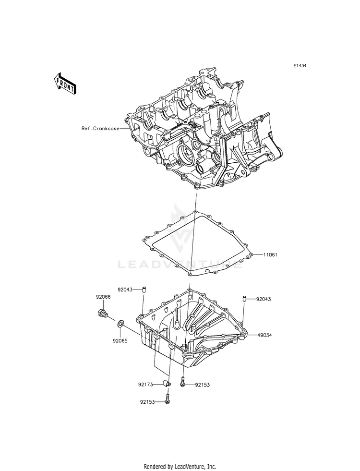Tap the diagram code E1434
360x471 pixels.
point(300,66)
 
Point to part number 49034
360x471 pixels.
point(264,335)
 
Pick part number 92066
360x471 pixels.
point(103,298)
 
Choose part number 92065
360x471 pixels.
point(120,341)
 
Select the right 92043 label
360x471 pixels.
point(264,299)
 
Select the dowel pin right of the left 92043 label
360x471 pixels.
point(143,289)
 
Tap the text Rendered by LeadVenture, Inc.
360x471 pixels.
point(180,466)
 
